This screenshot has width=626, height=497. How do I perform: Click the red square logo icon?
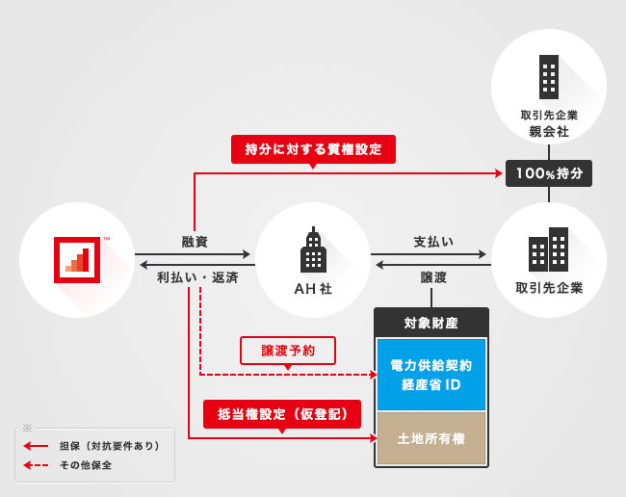pyautogui.click(x=77, y=259)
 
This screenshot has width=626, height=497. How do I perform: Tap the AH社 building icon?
pyautogui.click(x=313, y=251)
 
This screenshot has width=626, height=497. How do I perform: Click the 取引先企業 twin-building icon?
pyautogui.click(x=548, y=249)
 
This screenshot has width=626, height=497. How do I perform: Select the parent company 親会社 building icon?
pyautogui.click(x=548, y=77)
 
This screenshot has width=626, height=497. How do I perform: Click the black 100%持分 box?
pyautogui.click(x=548, y=173)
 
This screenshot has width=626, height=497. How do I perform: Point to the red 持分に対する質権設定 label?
pyautogui.click(x=313, y=149)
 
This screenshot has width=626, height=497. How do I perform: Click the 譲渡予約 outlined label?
pyautogui.click(x=288, y=351)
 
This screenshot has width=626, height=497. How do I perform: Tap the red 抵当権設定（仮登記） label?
pyautogui.click(x=281, y=414)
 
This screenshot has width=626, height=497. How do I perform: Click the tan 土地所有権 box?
pyautogui.click(x=430, y=438)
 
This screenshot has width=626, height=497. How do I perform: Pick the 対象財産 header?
pyautogui.click(x=430, y=322)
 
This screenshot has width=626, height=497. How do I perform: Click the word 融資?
pyautogui.click(x=196, y=241)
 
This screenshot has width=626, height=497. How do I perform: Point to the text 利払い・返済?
pyautogui.click(x=197, y=277)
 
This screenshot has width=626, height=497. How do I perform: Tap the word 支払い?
pyautogui.click(x=433, y=241)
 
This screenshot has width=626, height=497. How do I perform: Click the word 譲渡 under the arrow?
pyautogui.click(x=433, y=277)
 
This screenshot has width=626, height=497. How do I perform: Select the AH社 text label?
pyautogui.click(x=313, y=288)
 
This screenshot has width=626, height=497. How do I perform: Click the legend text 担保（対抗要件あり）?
pyautogui.click(x=109, y=446)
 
